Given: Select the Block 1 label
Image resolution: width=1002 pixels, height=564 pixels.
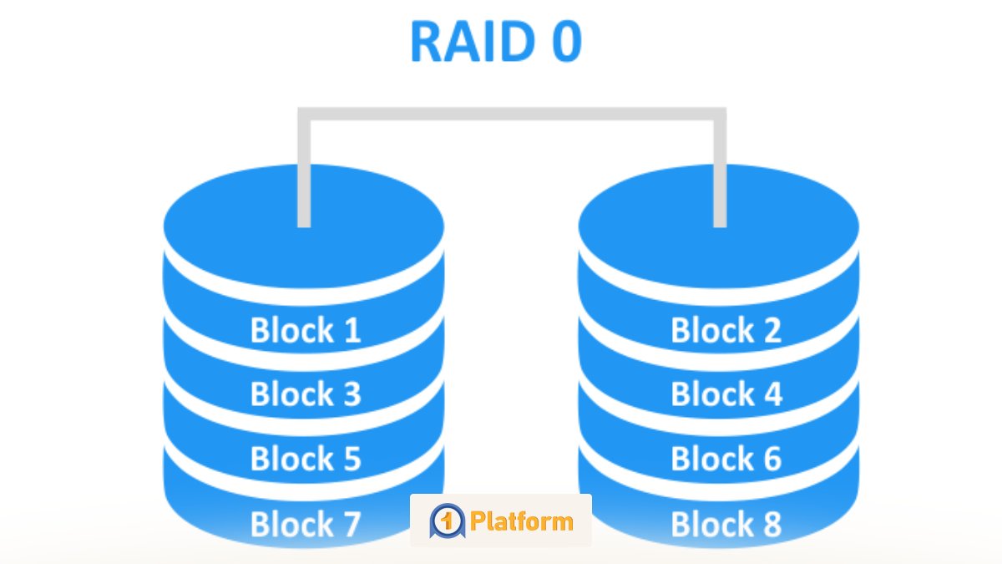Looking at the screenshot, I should (306, 330).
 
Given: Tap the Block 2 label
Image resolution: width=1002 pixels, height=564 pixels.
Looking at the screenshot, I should (726, 330).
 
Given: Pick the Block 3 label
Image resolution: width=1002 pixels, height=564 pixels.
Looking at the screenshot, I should (306, 394).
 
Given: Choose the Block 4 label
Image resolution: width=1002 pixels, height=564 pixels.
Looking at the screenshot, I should (726, 394).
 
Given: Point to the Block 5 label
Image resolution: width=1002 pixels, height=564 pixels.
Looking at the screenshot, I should (306, 459).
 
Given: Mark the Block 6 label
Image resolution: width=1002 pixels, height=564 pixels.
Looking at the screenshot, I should (726, 459).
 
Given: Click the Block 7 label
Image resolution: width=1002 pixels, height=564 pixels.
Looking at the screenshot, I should (306, 525).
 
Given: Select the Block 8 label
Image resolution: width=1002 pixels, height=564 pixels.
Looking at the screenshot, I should (726, 525).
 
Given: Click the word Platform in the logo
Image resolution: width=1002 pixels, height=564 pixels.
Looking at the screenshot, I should (522, 522).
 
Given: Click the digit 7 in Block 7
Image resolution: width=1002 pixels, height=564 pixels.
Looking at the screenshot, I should (349, 525).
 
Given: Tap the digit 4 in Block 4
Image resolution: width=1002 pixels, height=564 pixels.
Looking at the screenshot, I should (771, 394).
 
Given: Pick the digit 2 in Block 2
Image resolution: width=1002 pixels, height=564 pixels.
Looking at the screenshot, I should (770, 330).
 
